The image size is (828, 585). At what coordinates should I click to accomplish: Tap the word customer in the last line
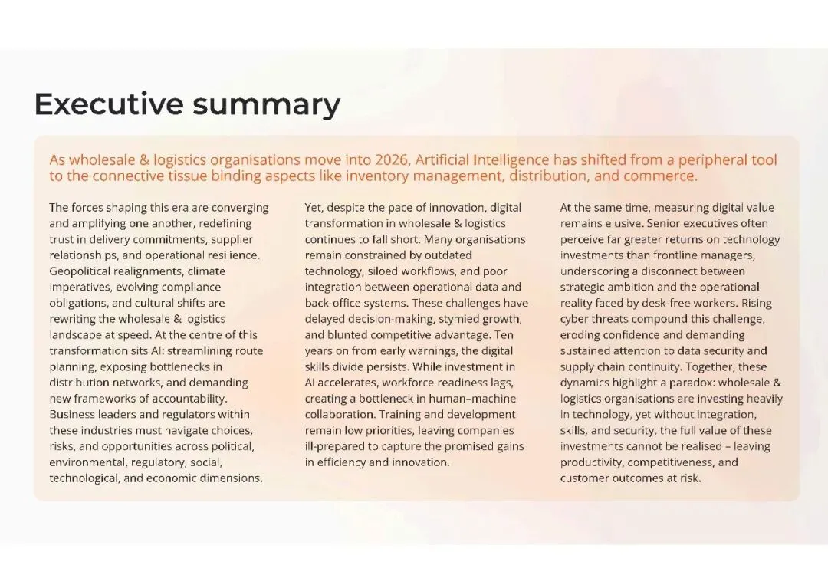click(x=586, y=478)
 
